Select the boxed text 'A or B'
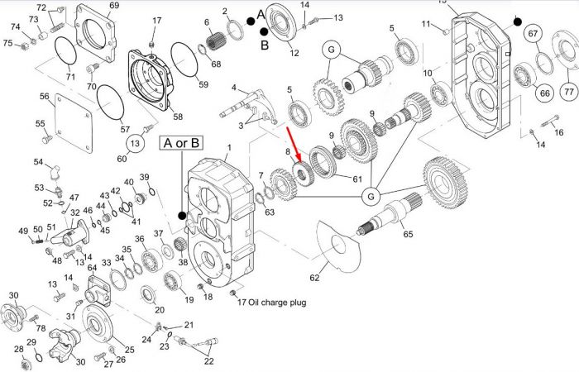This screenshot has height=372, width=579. coord(181,143)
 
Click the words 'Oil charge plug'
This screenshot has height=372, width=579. coord(277,303)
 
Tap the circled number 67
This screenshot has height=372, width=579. coord(533,34)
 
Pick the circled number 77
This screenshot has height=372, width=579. coord(569,91)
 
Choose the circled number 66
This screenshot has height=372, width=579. coord(544,93)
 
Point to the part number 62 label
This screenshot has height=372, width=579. coord(314,277)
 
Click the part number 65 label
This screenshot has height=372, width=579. coord(408,234)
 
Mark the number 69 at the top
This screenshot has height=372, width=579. coord(114,5)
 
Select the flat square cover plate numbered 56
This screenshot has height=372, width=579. coord(74,123)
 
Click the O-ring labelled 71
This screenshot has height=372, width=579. coord(65,50)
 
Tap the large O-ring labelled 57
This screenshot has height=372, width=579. coord(110,103)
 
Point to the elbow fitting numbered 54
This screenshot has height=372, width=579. coord(54,173)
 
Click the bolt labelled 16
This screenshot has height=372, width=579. coord(550,121)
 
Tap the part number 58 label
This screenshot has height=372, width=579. coord(178,117)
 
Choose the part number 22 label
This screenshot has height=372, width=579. coord(208,361)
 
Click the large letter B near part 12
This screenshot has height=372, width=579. coord(265,45)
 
